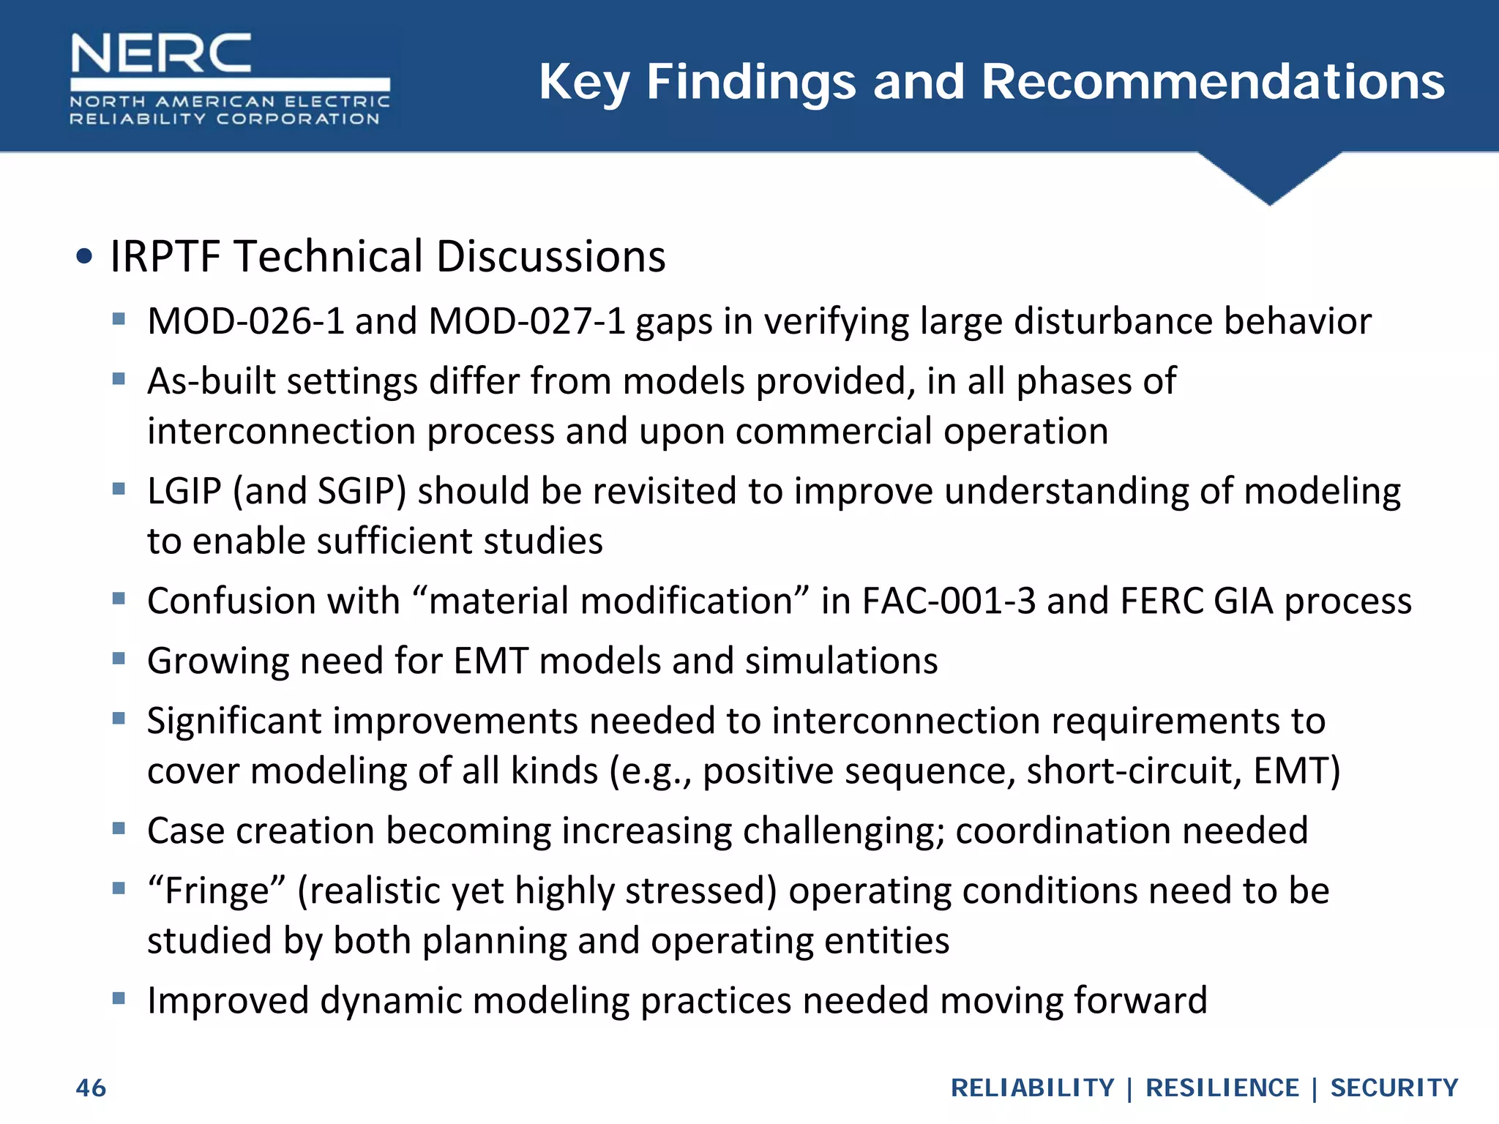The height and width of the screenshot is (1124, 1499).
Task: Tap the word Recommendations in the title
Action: coord(1213,81)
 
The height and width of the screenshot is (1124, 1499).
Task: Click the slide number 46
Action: coord(91,1088)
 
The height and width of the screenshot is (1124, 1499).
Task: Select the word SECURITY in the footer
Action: coord(1394,1088)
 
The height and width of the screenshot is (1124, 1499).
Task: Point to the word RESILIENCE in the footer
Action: coord(1222,1088)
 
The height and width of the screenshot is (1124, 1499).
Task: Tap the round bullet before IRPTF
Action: coord(85,257)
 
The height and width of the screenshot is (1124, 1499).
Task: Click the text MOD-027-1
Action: coord(527,321)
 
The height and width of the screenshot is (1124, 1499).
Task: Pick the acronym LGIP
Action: coord(184,491)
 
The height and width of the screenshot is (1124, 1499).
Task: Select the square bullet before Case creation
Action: coord(119,829)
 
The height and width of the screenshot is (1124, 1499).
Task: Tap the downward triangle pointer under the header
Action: coord(1270,179)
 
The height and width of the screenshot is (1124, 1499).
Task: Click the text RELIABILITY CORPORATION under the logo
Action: coord(225,119)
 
